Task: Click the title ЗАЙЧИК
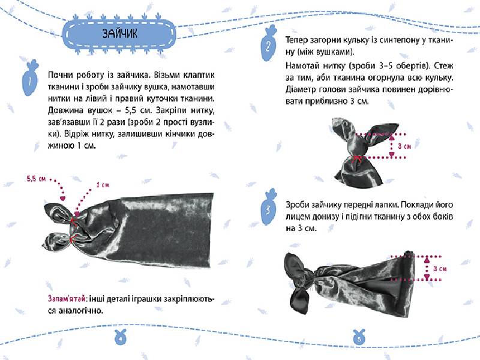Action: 119,34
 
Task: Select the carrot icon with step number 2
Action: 268,44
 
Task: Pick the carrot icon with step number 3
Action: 269,208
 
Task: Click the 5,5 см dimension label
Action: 36,178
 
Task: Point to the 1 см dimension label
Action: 102,185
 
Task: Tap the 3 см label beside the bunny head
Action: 404,146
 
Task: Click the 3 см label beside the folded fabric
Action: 440,269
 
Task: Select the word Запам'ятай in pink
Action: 66,298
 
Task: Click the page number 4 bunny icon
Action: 121,337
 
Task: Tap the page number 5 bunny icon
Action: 359,337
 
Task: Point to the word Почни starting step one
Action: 61,76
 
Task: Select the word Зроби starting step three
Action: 297,205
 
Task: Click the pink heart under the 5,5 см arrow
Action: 63,199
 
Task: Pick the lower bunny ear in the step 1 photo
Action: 57,241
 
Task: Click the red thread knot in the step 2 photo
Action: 356,158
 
